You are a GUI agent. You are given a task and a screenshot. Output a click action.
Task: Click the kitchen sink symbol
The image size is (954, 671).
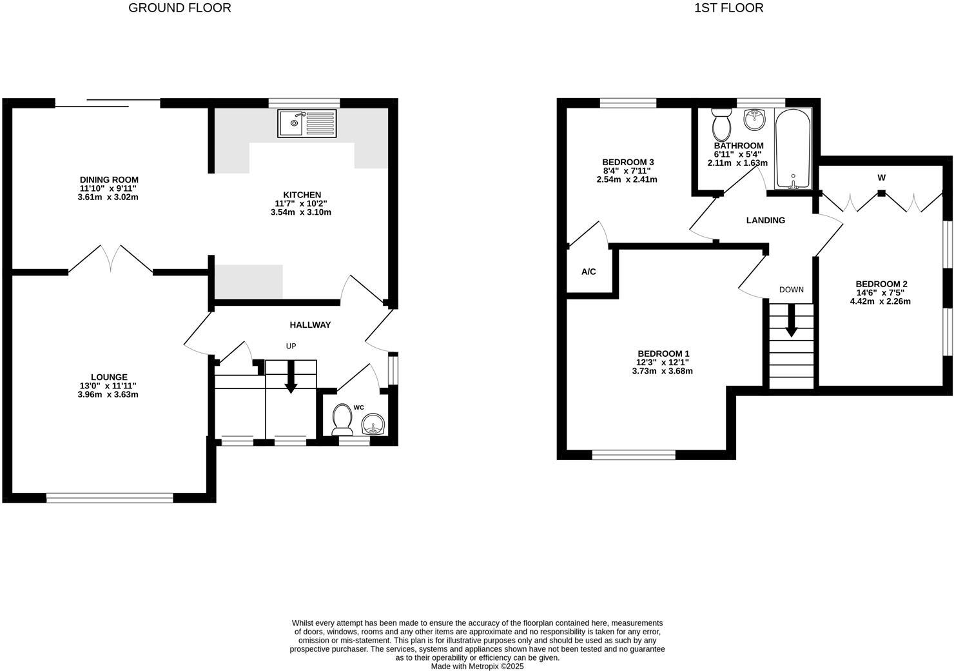[x=307, y=123]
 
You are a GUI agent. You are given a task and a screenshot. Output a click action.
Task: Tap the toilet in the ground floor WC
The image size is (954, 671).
[x=342, y=420]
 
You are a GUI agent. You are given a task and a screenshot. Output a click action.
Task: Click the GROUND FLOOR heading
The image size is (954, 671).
[x=180, y=8]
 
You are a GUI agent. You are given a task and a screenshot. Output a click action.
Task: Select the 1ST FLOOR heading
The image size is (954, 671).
[x=728, y=8]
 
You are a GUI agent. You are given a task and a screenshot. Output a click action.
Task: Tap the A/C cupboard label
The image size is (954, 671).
[x=589, y=272]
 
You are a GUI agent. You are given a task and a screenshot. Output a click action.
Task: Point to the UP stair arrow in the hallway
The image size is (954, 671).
[x=291, y=377]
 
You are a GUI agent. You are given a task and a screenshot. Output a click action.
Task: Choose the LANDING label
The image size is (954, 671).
[x=765, y=221]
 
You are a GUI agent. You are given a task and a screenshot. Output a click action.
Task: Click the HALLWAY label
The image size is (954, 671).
[x=310, y=325]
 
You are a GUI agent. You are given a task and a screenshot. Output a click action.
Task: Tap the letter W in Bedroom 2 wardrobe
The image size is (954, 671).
[x=881, y=177]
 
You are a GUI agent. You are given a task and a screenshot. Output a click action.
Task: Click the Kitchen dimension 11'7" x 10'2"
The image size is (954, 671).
[x=301, y=204]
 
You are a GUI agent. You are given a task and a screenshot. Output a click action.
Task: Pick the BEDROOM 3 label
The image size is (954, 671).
[x=628, y=162]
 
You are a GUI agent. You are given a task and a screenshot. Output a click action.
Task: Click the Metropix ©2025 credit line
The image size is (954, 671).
[x=477, y=666]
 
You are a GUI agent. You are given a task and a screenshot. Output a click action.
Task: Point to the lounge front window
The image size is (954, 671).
[x=110, y=497]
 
